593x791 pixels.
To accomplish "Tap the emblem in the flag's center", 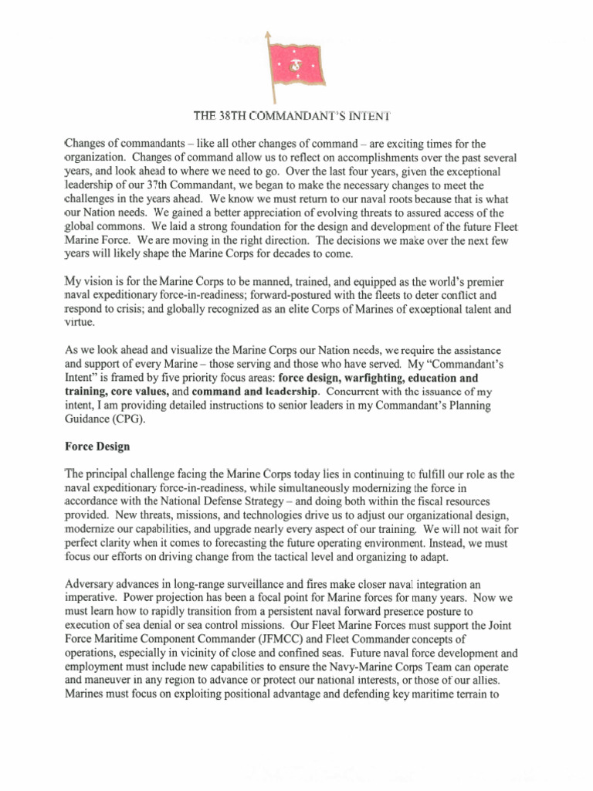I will click(296, 67).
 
